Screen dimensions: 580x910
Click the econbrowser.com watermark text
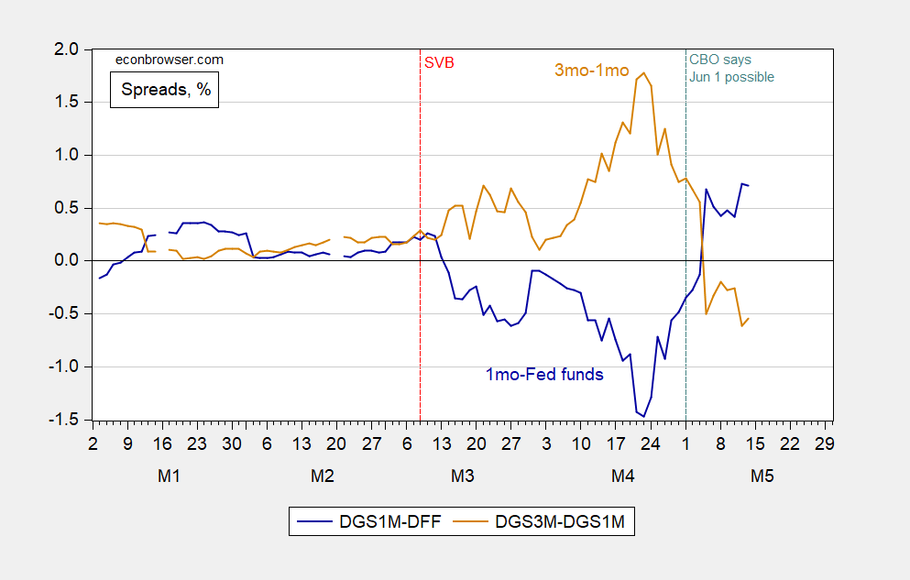[169, 60]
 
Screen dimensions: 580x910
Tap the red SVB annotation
[438, 63]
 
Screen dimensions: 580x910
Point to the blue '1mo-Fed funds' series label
[543, 374]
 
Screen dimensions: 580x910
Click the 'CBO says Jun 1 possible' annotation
[731, 69]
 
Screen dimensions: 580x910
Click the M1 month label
[169, 476]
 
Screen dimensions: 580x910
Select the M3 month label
[462, 476]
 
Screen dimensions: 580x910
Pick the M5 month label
[762, 476]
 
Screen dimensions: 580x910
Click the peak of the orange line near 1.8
[644, 72]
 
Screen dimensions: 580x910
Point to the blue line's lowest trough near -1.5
[644, 417]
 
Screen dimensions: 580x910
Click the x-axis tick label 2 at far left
[93, 443]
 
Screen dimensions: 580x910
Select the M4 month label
[622, 476]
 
